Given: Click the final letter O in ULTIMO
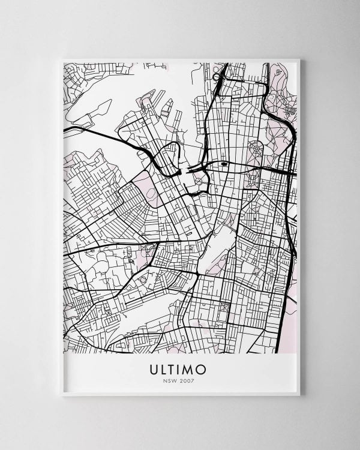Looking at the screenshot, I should click(x=205, y=367).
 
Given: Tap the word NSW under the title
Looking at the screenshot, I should click(x=170, y=380).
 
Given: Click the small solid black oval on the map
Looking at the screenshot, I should click(x=224, y=163).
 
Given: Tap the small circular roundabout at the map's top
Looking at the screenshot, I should click(x=216, y=76).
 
